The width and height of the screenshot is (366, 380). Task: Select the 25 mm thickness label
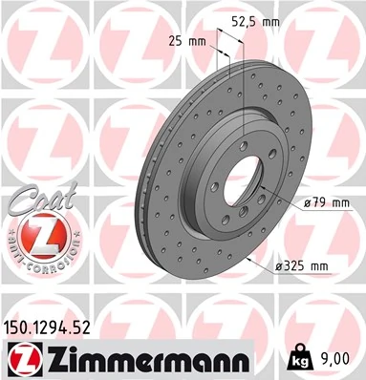coord(187,41)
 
